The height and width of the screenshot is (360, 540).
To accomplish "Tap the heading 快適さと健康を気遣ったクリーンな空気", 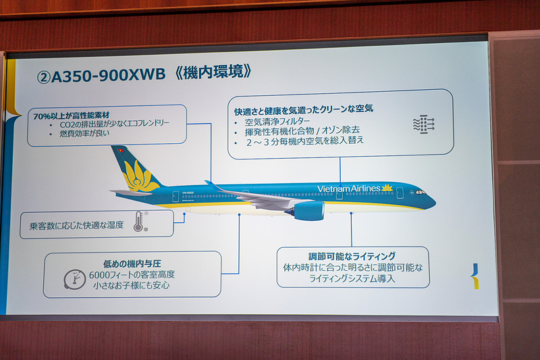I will [304, 108].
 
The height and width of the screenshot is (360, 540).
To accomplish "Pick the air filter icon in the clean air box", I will [423, 124].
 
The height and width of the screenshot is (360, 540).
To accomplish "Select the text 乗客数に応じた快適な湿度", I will [76, 224].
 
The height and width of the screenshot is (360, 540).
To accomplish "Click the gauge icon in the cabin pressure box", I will [74, 278].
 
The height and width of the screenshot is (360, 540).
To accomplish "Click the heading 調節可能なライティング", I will [352, 257].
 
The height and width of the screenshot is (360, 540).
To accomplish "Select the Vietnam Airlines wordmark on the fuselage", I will [348, 189].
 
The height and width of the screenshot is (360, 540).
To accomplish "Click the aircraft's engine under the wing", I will [308, 211].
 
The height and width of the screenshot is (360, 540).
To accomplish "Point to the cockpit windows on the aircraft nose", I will [421, 192].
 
